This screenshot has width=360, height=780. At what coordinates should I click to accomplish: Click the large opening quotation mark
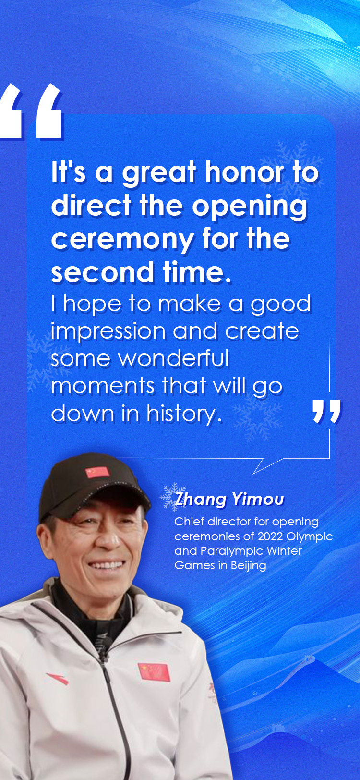31,111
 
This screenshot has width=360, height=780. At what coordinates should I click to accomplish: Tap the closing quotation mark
326,411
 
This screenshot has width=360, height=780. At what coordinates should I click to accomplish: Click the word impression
108,332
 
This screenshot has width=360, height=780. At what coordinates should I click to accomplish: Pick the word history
184,414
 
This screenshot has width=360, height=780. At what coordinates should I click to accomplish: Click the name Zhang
201,500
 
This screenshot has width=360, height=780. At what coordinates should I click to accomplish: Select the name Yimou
258,499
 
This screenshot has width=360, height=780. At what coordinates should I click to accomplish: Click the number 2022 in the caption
270,536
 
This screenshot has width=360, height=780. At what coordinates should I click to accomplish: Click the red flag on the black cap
98,472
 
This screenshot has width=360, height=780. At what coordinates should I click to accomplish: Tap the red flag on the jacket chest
154,672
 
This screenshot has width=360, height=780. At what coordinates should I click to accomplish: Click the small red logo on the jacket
58,678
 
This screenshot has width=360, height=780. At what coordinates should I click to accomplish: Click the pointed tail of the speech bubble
253,474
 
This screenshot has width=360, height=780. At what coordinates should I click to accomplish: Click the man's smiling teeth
106,565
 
